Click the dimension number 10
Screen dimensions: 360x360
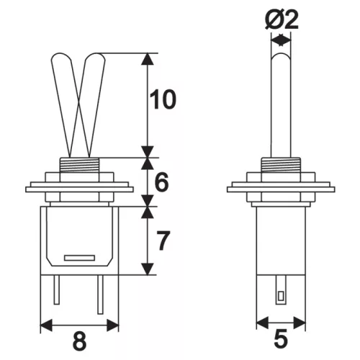(x=163, y=99)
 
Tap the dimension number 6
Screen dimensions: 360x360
(x=161, y=181)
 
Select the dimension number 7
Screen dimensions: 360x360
(x=163, y=240)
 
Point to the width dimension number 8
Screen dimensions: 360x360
(x=79, y=341)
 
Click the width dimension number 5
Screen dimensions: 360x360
(x=281, y=338)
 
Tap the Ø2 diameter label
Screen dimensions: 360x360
(x=282, y=20)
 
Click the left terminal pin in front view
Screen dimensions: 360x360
(x=57, y=289)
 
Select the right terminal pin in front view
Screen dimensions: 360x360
(x=100, y=294)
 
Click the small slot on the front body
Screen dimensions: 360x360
(x=79, y=258)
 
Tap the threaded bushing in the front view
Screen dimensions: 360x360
(x=79, y=165)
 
